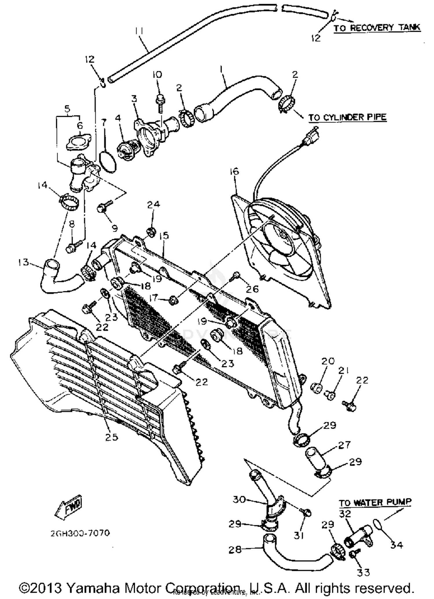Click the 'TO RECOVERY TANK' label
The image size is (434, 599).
tap(377, 28)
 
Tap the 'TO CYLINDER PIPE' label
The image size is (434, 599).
tap(347, 117)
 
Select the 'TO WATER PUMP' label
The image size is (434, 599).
tap(375, 502)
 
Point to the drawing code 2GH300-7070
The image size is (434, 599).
tap(80, 533)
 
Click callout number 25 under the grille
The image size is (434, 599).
tap(112, 437)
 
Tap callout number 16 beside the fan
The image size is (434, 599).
tap(235, 172)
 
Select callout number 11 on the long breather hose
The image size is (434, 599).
tap(139, 31)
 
